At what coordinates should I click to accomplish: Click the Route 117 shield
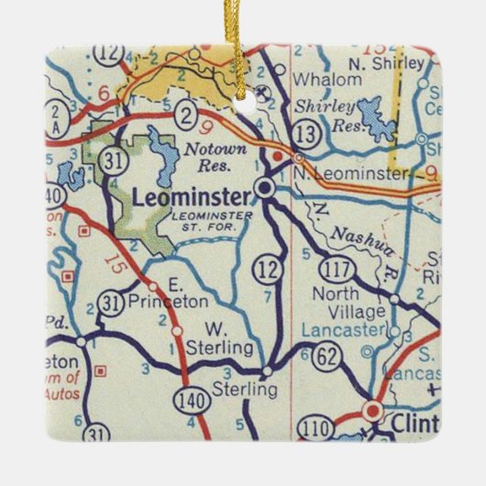click(334, 268)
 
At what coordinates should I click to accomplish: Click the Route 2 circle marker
click(186, 115)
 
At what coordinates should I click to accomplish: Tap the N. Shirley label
click(396, 63)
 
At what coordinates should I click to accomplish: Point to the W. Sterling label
click(217, 338)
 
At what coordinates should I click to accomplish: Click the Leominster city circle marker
click(265, 190)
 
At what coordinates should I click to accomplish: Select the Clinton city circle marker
click(372, 411)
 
